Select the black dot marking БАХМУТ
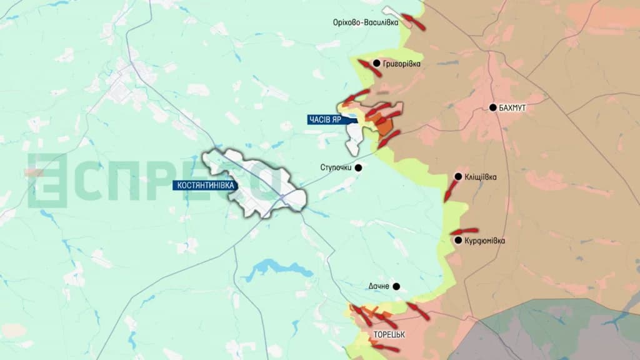pos(492,107)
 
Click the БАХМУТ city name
pos(512,108)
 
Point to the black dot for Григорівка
pos(376,63)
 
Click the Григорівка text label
pos(402,64)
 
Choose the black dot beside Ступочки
pos(358,167)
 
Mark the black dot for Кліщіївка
pos(458,177)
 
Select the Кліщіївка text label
pos(481,177)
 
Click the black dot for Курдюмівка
pos(458,241)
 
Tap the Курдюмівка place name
pos(485,241)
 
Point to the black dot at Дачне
pos(396,287)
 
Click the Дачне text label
pos(379,287)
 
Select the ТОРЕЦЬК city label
pos(389,334)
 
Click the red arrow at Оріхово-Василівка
pos(414,22)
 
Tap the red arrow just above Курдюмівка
pos(464,231)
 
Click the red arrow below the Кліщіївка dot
pos(449,191)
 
